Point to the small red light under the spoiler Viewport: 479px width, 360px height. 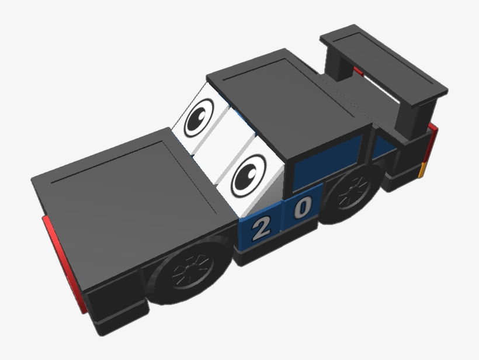click(x=357, y=71)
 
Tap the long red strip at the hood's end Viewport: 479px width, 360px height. click(x=61, y=261)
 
